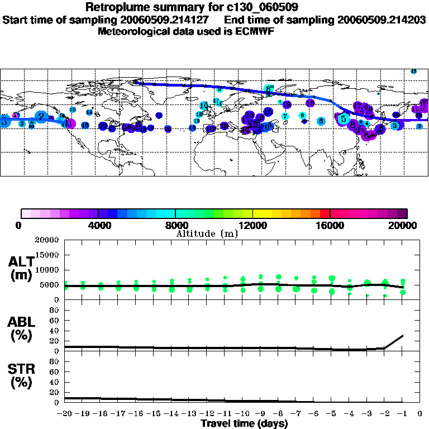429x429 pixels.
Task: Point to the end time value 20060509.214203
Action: (382, 20)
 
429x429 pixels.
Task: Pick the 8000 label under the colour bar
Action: (175, 226)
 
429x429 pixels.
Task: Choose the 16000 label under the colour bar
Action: (330, 226)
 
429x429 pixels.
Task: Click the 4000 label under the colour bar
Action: (98, 226)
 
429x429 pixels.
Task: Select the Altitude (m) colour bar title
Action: (207, 233)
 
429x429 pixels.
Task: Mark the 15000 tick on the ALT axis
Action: (47, 255)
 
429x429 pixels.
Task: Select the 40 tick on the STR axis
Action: (55, 382)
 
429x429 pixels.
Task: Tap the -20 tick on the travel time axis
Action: (65, 414)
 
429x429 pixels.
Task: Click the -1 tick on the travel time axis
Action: (403, 414)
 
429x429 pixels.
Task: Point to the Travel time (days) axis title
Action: (244, 424)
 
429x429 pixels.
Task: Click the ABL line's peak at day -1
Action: (403, 335)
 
